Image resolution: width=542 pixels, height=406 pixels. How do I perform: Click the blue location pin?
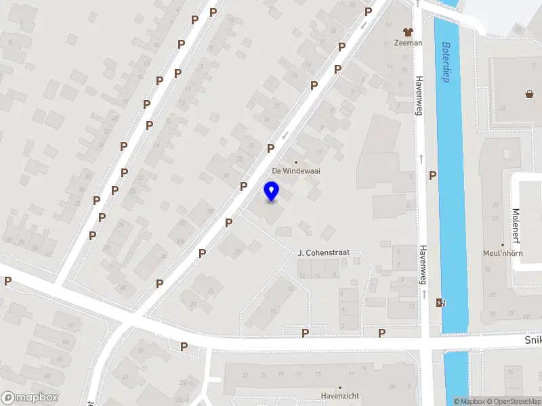tap(272, 191)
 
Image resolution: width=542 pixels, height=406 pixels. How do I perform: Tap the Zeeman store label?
tap(408, 43)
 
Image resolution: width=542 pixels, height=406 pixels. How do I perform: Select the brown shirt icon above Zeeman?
tap(408, 31)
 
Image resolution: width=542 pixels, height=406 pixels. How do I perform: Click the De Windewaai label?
tap(296, 171)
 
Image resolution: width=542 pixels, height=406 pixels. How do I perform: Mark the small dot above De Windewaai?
tap(295, 162)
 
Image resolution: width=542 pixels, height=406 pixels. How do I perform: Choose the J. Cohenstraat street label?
tap(324, 252)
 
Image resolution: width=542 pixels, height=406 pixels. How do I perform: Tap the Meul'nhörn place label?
tap(503, 254)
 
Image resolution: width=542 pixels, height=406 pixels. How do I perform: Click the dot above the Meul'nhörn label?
tap(503, 245)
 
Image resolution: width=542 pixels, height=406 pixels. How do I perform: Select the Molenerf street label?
tap(516, 225)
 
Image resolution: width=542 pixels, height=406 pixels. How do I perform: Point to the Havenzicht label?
tap(339, 396)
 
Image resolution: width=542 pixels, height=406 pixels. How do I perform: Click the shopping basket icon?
tap(529, 95)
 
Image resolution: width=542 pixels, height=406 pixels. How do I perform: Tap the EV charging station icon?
tap(441, 302)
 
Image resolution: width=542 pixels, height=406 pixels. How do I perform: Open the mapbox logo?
tap(29, 398)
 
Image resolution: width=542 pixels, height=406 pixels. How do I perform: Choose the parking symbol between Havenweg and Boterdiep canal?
tap(432, 175)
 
